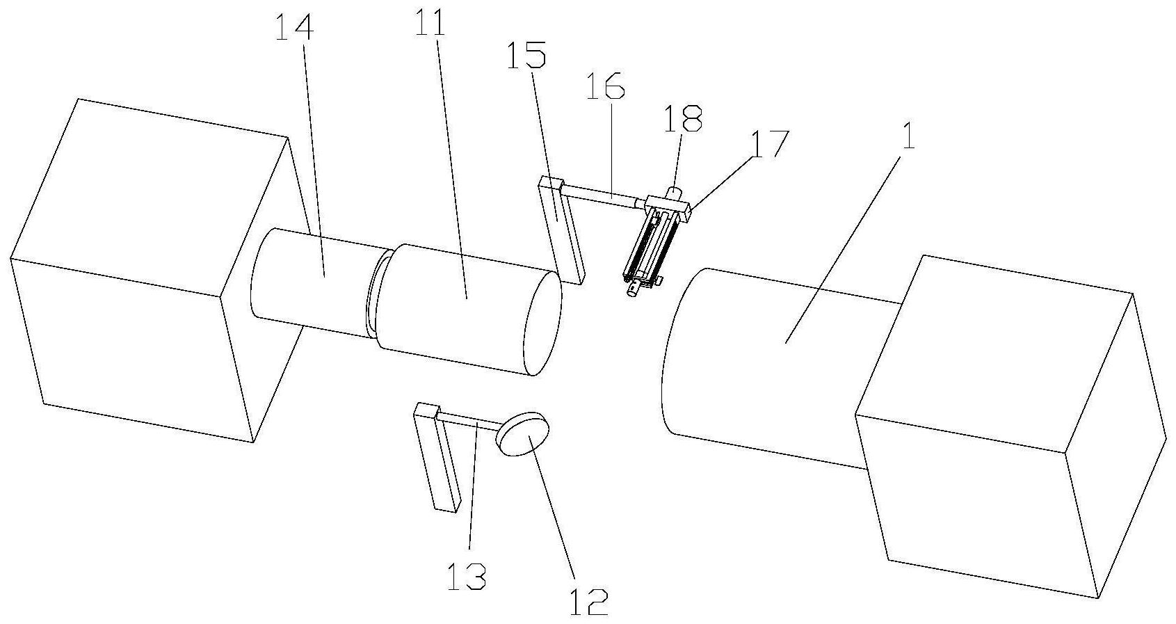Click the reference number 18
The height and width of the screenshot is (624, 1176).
pos(683,119)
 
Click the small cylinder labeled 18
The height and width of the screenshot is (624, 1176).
pos(675,191)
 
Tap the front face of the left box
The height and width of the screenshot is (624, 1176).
pos(118,348)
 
